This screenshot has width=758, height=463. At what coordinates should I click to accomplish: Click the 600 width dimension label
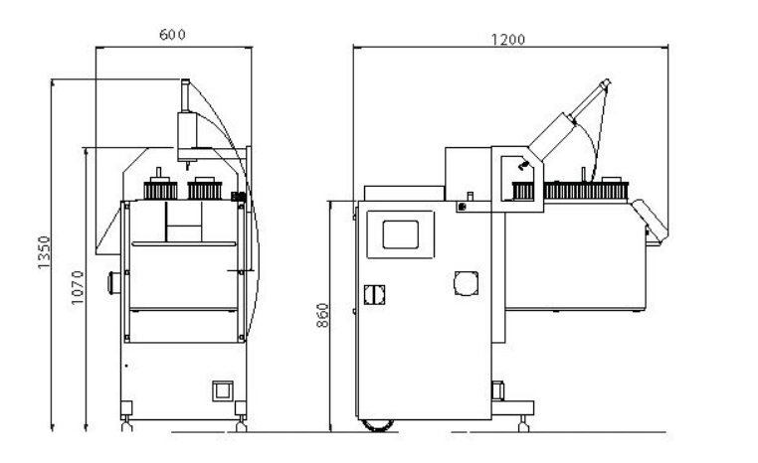172,35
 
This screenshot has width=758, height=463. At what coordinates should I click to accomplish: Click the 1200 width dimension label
508,40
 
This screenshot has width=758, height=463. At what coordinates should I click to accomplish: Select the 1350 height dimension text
44,252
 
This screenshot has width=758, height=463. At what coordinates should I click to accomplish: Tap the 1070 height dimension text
78,288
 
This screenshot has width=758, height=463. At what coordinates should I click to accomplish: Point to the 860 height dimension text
322,315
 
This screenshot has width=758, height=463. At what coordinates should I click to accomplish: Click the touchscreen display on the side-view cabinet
400,234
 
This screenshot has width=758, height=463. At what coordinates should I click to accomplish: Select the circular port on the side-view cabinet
466,283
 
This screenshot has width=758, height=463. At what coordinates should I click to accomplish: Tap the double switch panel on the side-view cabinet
374,294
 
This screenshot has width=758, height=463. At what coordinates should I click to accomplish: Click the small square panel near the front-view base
223,391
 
